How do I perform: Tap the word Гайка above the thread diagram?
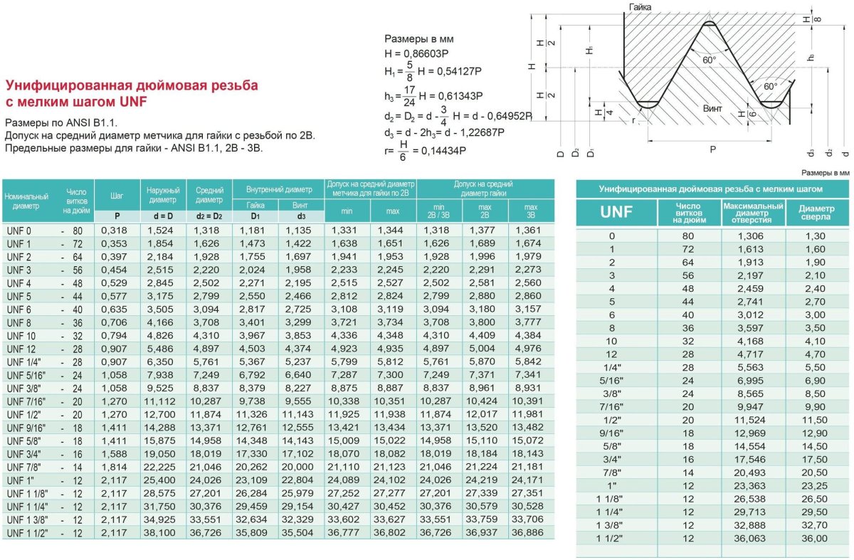point(640,7)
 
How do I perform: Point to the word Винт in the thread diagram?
point(712,109)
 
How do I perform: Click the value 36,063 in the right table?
point(753,539)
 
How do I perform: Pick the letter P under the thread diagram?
point(712,149)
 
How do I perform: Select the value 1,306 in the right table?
point(753,236)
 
